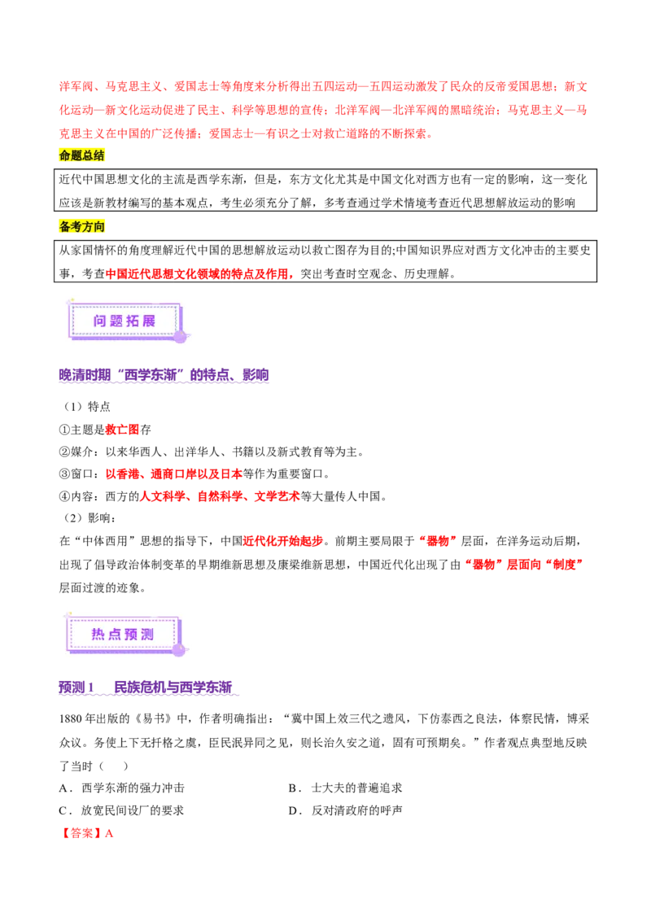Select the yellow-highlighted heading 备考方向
click(83, 227)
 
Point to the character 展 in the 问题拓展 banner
click(148, 321)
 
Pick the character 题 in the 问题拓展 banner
click(116, 321)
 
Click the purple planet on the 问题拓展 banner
click(180, 336)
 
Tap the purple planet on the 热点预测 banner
click(178, 649)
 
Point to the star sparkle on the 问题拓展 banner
click(71, 301)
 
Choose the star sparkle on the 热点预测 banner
click(68, 614)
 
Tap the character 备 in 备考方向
click(65, 227)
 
